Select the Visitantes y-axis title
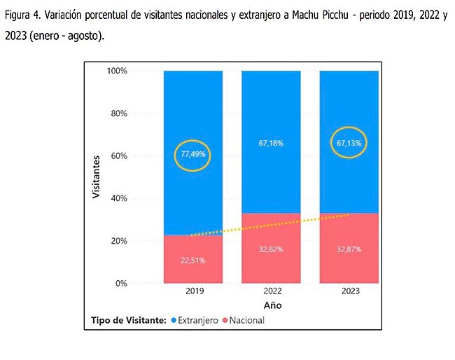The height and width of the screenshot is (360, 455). pos(98,177)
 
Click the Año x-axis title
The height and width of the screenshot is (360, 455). pos(272,305)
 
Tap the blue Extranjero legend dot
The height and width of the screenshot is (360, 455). pos(173,320)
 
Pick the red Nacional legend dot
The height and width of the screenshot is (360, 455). pos(226,320)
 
